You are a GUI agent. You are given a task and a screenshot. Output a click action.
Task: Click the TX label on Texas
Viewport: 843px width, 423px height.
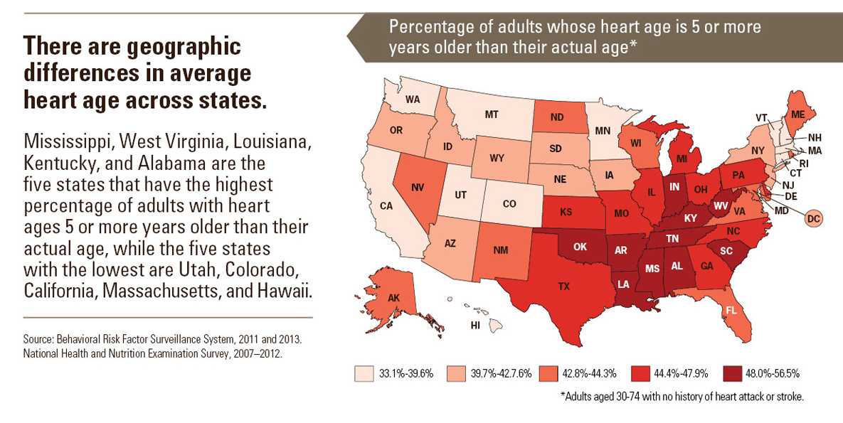coord(563,287)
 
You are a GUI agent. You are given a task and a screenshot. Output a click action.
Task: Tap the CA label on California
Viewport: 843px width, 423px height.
coord(387,206)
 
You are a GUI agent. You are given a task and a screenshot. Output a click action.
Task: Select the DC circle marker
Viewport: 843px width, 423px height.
coord(815,219)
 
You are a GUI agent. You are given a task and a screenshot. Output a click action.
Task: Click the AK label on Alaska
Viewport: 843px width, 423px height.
coord(393,298)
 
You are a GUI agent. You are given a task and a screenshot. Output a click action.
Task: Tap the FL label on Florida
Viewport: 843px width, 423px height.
coord(730,310)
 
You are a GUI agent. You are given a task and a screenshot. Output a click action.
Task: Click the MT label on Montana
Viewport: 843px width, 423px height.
coord(491,114)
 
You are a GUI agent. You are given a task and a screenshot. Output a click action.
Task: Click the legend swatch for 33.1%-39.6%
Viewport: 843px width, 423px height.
coord(364,373)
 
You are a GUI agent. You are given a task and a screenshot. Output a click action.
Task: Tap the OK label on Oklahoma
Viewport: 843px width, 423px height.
coord(580,247)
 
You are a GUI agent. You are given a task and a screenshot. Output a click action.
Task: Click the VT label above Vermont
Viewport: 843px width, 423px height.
coord(761,117)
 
